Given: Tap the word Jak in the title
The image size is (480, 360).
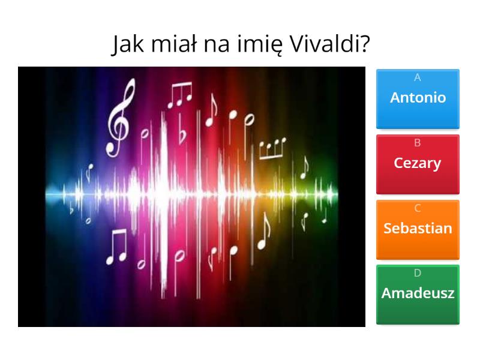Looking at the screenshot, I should [x=125, y=44].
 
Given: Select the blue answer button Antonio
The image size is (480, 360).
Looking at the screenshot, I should [x=418, y=98].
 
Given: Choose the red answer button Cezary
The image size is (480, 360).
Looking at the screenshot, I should [x=418, y=164].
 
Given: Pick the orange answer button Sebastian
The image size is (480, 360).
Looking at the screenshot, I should [x=418, y=229].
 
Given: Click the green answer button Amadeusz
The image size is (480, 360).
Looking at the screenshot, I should [x=418, y=294].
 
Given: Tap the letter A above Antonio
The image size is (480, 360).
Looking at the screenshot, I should [x=418, y=77].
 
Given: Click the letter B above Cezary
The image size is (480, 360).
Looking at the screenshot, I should [x=418, y=143].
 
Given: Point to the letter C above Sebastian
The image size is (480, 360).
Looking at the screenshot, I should [x=418, y=208].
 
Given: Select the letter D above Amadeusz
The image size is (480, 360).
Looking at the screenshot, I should [x=418, y=273].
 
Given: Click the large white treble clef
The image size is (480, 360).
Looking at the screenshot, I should [x=118, y=117].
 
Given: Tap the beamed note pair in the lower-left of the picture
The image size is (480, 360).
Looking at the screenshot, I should [x=116, y=247].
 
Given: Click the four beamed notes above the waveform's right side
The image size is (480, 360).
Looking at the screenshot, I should [x=272, y=147].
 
